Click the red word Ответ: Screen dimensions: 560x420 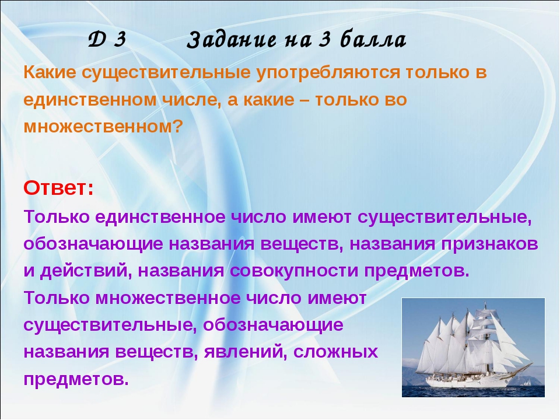point(58,188)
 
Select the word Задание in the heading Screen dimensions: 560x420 point(232,40)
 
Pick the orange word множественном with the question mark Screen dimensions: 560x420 point(103,126)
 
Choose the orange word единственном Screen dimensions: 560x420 point(90,100)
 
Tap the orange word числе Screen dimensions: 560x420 point(190,100)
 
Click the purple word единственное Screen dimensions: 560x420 point(160,217)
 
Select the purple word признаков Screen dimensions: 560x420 point(489,244)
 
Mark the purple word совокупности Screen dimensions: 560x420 point(294,271)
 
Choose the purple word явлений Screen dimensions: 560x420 point(246,352)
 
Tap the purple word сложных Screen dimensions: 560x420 point(335,352)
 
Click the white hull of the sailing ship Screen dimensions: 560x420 point(468,382)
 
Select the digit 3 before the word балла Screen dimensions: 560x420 point(324,39)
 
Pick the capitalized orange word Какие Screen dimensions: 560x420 point(50,72)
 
